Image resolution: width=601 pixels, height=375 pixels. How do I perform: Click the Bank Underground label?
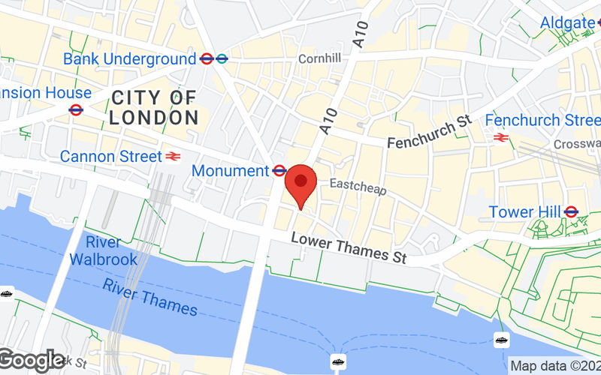129,58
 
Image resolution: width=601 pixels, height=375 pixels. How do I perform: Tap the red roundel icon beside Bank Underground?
207,58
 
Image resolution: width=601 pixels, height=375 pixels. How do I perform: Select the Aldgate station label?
567,22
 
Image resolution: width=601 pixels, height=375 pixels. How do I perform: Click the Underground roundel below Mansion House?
75,110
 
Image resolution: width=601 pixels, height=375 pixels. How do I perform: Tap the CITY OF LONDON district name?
153,107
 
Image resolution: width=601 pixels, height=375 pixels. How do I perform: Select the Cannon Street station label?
110,157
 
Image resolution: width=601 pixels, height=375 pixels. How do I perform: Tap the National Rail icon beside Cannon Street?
174,157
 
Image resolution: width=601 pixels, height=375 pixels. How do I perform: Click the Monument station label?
230,171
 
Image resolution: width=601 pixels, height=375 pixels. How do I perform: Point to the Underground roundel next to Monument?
279,171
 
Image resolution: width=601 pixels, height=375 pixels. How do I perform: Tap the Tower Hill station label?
524,212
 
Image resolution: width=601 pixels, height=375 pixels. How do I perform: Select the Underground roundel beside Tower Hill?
571,212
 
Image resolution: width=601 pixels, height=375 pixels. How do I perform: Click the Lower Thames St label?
349,247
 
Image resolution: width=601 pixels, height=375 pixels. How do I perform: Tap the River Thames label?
150,298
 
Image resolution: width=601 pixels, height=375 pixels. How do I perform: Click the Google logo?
32,361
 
